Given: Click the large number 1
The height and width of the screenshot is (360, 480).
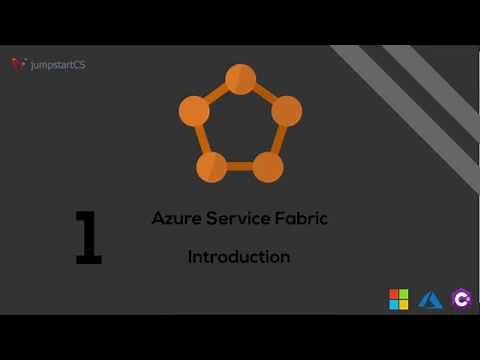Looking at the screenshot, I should [89, 237].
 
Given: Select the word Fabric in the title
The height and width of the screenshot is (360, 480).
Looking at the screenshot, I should [300, 218].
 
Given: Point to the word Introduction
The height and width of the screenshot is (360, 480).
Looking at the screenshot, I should [239, 257].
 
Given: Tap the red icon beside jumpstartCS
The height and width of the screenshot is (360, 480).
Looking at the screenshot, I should [18, 65].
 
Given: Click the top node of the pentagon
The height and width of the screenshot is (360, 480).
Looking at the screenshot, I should [240, 79].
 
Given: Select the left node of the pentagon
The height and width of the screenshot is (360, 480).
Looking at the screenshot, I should [194, 111].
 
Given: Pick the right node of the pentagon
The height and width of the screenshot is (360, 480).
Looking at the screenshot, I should [286, 111].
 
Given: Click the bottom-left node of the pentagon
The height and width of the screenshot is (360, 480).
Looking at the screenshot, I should [212, 166].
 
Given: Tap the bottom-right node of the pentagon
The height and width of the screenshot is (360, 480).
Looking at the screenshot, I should [268, 166].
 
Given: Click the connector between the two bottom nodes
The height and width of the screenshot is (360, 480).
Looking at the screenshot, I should [240, 166].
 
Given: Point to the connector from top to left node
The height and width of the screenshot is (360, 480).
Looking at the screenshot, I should [217, 95].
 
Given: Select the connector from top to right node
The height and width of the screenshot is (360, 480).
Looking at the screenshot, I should [263, 95].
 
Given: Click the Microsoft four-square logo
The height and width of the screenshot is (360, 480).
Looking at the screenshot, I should [399, 299].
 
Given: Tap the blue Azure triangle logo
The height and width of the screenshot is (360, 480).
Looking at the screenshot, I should [431, 299].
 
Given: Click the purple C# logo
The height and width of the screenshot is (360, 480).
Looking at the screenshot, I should [461, 299].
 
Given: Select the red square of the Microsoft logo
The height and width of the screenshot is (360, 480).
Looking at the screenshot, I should [394, 294].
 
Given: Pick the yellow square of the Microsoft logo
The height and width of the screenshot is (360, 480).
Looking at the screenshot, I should [404, 304].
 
